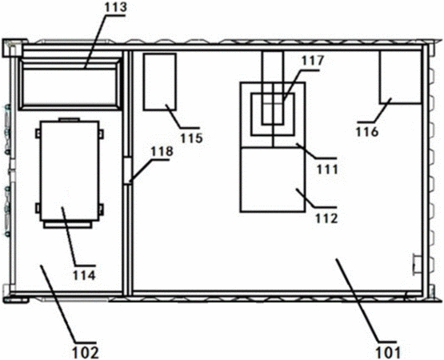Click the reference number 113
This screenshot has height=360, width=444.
pos(115,8)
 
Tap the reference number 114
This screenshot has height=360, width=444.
pos(85,275)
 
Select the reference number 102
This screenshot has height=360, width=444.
pos(86,353)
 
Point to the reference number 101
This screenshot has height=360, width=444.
pos(388,353)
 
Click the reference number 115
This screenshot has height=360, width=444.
pos(192,138)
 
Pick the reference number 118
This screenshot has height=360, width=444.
pos(162,151)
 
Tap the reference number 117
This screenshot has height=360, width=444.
pos(312,61)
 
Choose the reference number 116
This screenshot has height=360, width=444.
pos(367,132)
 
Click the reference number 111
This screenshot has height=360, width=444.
pos(327,170)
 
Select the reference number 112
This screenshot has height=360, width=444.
pos(327,218)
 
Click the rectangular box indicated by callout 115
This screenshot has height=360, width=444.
pos(160,82)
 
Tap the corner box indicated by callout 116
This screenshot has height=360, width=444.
pos(400,77)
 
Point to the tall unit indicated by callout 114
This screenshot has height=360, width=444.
pos(70,170)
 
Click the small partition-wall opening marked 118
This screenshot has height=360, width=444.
pos(128,170)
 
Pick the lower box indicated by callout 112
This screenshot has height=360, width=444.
pos(273,179)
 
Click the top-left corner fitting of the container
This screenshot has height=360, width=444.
pos(12,46)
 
